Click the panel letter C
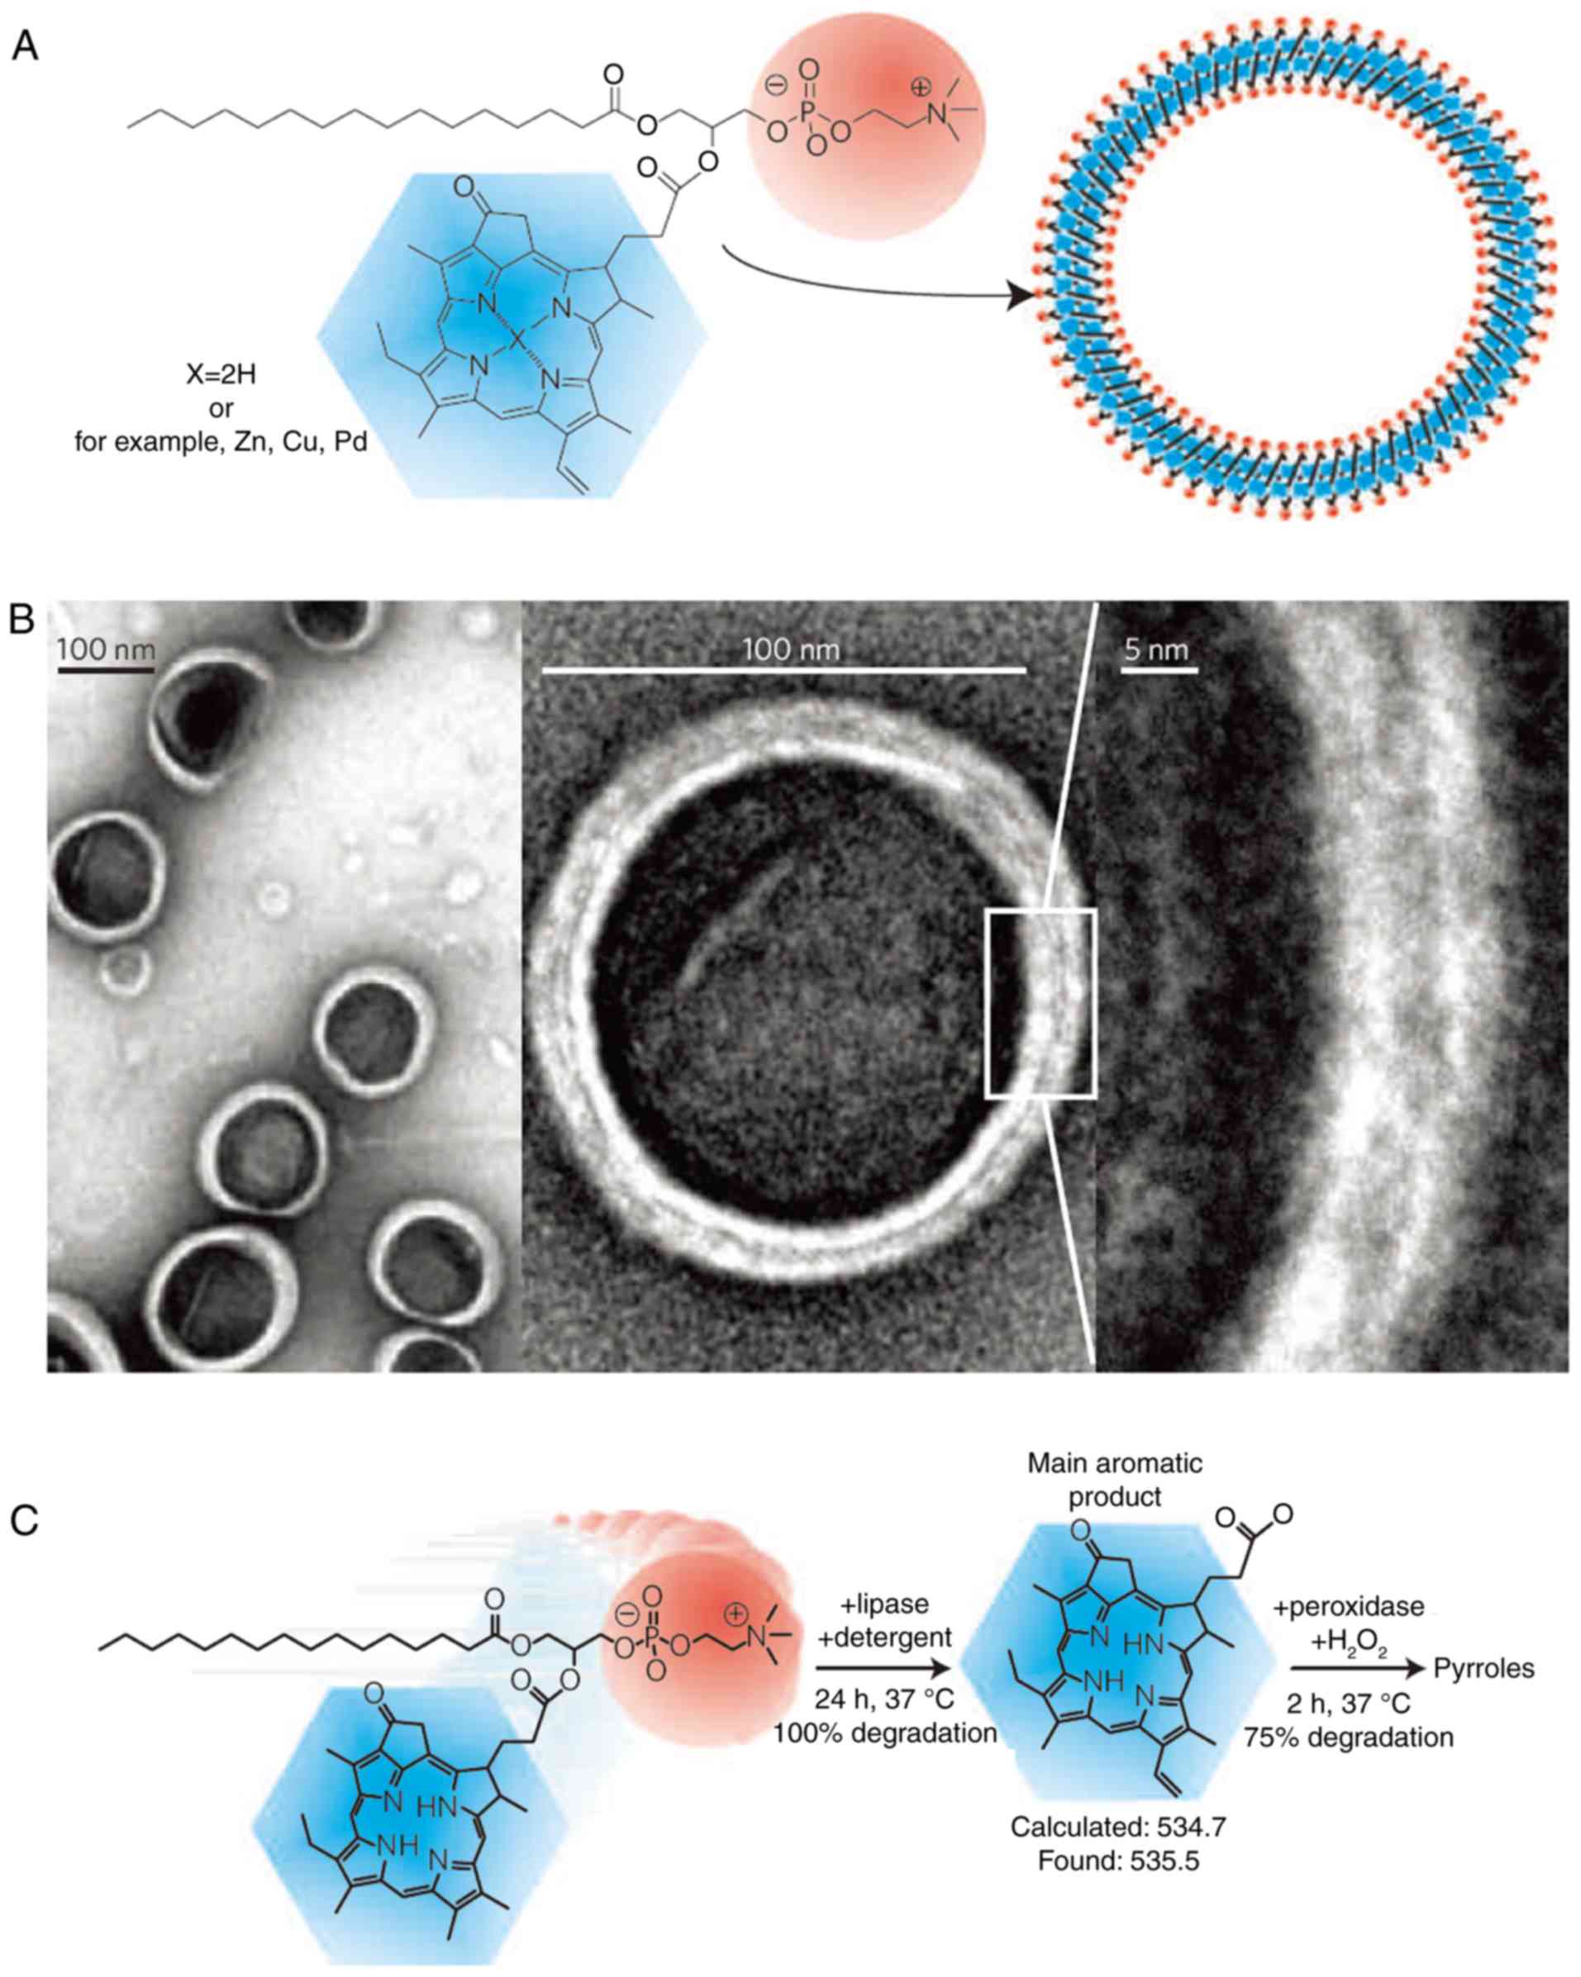25,1519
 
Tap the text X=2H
221,376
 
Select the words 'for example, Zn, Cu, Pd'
221,443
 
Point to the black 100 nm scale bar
106,670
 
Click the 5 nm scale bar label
1155,650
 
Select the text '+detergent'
884,1637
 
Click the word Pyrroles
1483,1668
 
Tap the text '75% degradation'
1348,1737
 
